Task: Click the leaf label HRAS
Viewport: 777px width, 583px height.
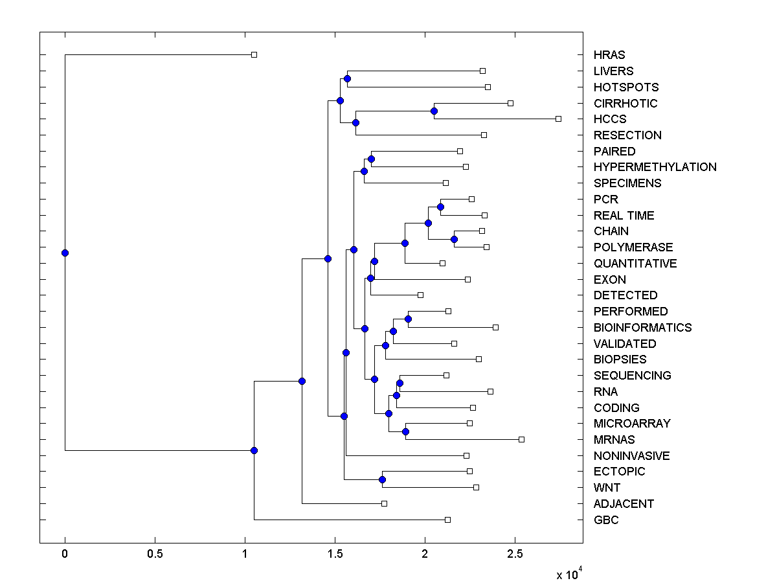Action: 609,55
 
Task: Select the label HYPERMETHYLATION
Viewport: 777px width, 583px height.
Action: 655,167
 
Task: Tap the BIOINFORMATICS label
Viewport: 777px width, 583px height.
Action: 642,328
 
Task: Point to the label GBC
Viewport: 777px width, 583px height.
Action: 606,520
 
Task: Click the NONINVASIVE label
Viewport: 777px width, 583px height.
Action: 631,456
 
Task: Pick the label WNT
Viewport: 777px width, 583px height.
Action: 607,488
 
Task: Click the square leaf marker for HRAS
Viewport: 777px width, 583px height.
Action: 254,54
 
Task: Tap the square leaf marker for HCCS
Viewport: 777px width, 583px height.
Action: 558,119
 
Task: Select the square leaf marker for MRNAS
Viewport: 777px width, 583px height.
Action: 522,439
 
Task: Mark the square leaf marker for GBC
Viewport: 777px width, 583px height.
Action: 447,520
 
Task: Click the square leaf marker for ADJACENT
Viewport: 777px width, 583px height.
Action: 384,503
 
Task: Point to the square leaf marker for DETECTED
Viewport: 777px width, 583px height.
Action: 420,295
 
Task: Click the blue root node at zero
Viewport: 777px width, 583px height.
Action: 65,253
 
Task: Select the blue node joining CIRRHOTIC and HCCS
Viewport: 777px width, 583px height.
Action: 434,111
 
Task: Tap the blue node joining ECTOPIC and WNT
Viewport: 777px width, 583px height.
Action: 382,479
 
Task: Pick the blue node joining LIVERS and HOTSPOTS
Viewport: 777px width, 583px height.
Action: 347,78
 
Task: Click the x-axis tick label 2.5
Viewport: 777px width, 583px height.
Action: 514,554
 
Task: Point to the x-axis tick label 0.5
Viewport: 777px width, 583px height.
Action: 155,554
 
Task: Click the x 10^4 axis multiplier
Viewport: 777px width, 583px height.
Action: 569,574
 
